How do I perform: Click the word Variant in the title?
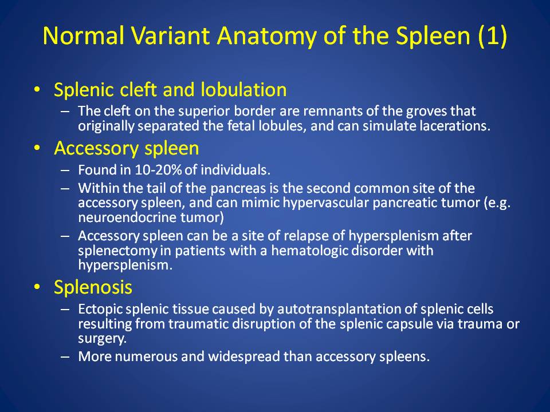pos(170,35)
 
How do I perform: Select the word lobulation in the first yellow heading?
pos(244,89)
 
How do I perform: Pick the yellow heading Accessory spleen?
pos(126,149)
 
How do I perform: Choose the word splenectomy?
pos(117,251)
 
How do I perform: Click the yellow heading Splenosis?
pos(93,287)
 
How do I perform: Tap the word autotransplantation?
pos(347,309)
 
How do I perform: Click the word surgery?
pos(102,339)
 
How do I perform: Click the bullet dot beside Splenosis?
pos(37,287)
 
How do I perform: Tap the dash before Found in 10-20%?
pos(65,170)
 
